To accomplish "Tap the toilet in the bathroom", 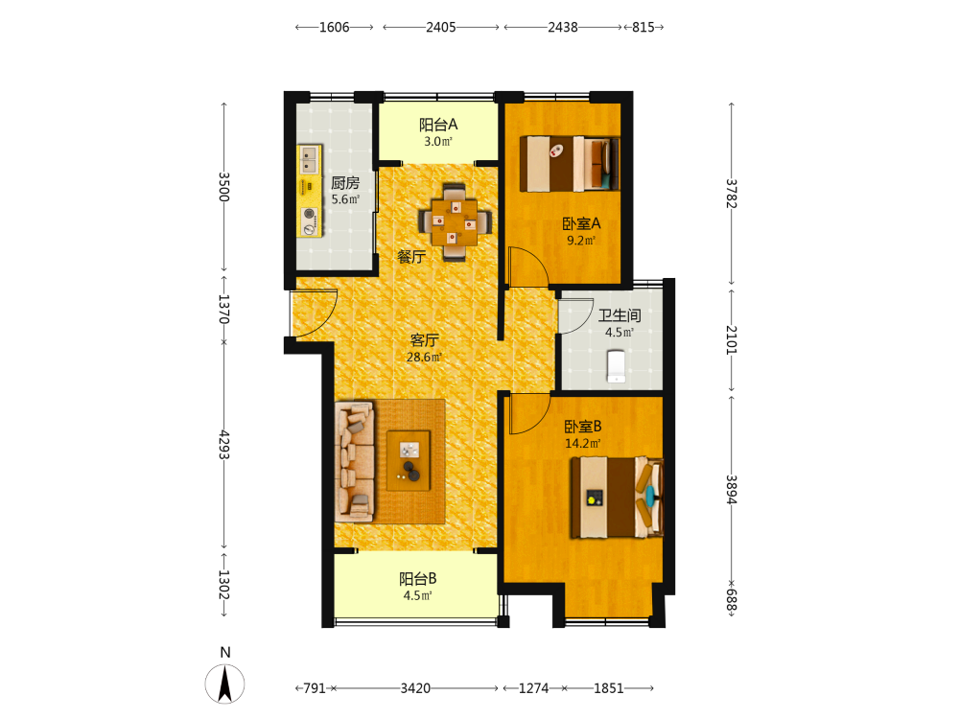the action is click(x=616, y=366).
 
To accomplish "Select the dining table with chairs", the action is click(x=455, y=222).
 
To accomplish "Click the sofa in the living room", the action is click(x=354, y=461).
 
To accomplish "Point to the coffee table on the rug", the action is click(x=409, y=460).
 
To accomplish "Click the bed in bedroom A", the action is click(x=570, y=163).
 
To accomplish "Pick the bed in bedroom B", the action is click(x=617, y=498).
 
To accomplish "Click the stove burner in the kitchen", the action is click(x=310, y=221).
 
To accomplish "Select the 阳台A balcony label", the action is click(x=438, y=125).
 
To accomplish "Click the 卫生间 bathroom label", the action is click(x=619, y=315).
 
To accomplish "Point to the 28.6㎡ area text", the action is click(x=424, y=357).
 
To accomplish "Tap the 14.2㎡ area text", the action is click(x=582, y=443).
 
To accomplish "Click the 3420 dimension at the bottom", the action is click(x=415, y=688).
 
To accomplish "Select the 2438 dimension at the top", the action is click(x=563, y=27).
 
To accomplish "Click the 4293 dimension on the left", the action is click(x=224, y=445).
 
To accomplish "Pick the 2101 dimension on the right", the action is click(x=732, y=339).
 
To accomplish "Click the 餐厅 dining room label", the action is click(x=411, y=257).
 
